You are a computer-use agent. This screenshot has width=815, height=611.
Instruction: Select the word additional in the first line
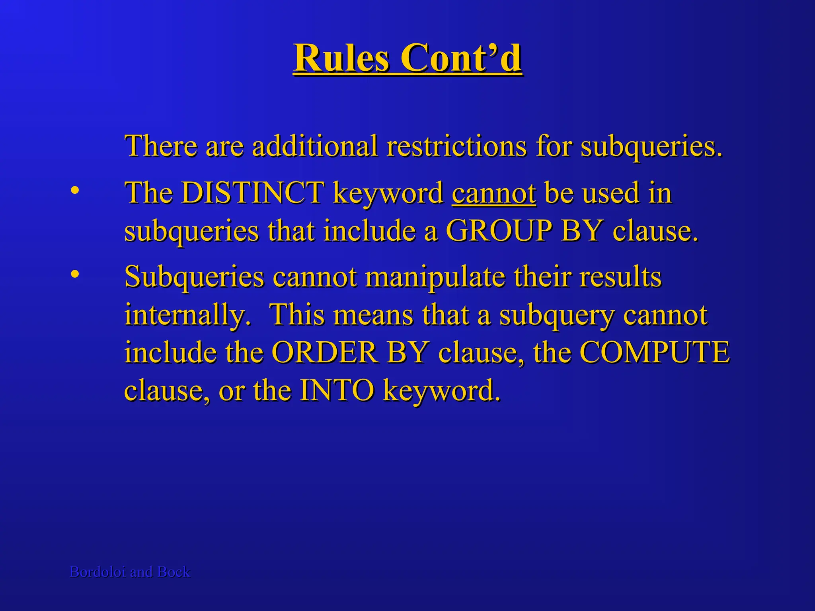(x=315, y=146)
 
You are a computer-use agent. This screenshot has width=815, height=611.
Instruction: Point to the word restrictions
(x=456, y=146)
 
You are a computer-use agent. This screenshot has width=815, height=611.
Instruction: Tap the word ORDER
(x=324, y=352)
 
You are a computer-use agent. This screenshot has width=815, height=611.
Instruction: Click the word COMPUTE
(x=654, y=352)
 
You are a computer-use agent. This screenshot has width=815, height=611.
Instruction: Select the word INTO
(x=337, y=390)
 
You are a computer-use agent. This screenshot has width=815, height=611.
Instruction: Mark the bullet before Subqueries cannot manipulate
(x=74, y=274)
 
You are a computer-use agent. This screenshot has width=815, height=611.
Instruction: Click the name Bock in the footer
(x=174, y=572)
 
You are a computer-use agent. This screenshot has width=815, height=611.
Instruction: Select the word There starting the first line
(x=161, y=146)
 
